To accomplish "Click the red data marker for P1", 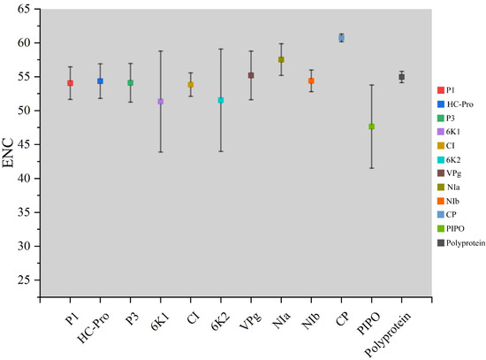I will click(x=70, y=83).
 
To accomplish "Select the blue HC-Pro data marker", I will click(x=100, y=81).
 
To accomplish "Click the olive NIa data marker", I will click(x=281, y=59).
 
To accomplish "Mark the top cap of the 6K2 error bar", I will click(x=221, y=49).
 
